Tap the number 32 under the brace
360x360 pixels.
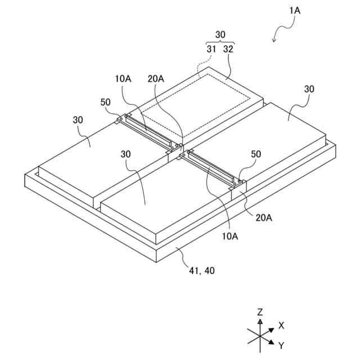[228, 49]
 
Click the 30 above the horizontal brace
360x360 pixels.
[220, 35]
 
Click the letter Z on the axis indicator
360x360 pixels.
[260, 311]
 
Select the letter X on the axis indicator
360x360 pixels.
[281, 325]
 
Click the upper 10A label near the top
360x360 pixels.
[124, 79]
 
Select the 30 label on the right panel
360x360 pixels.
[309, 89]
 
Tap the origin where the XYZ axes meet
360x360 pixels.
[260, 336]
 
